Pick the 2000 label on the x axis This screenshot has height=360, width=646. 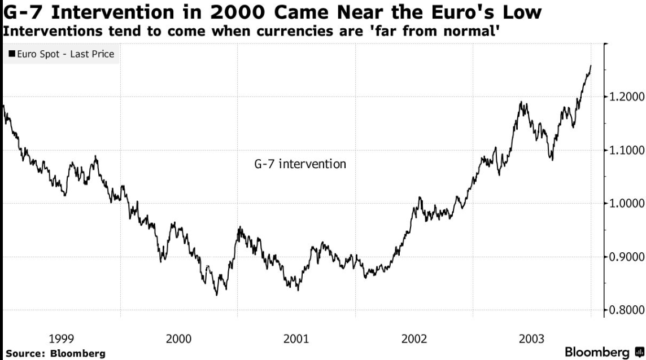[178, 339]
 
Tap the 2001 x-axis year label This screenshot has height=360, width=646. [296, 339]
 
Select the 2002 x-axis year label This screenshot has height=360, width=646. [414, 339]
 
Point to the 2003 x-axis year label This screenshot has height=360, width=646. [532, 339]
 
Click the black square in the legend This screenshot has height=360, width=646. [11, 54]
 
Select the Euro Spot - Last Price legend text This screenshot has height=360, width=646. [64, 54]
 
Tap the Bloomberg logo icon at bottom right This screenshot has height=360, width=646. [639, 351]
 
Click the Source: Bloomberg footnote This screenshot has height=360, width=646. [55, 353]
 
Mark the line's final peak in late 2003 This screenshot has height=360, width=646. [591, 66]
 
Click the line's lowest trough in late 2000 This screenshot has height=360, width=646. [216, 295]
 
